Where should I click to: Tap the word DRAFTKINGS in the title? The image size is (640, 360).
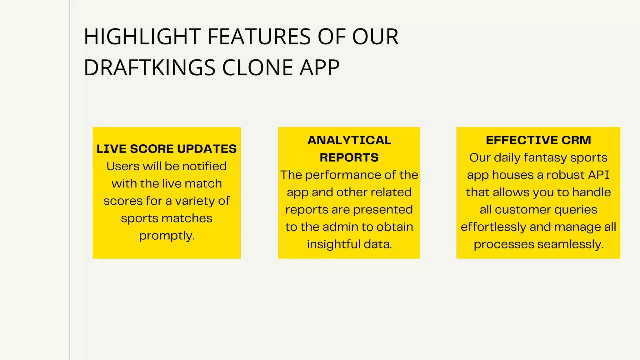pos(149,68)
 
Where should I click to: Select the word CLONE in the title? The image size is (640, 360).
pos(257,68)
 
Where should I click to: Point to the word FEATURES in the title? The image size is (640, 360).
pos(259,37)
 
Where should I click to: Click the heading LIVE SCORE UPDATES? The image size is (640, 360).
pos(167,149)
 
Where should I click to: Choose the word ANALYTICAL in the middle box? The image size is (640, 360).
pos(349,140)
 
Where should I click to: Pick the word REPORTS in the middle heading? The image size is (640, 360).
pos(349,157)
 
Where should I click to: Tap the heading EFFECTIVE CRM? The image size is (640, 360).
pos(538,140)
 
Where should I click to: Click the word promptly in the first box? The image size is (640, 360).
pos(167,236)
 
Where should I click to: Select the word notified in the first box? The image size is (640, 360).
pos(204,166)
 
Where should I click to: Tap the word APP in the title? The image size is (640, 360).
pos(319,68)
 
